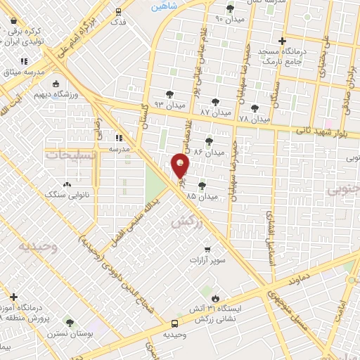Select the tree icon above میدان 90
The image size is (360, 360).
tap(230, 8)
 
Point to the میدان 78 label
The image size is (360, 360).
tap(254, 119)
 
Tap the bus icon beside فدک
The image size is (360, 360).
tap(118, 11)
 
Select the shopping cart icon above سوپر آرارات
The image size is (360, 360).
tap(206, 249)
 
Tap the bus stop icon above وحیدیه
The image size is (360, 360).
tap(174, 324)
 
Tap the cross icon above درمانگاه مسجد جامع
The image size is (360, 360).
tap(282, 41)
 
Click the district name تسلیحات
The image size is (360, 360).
tap(70, 155)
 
